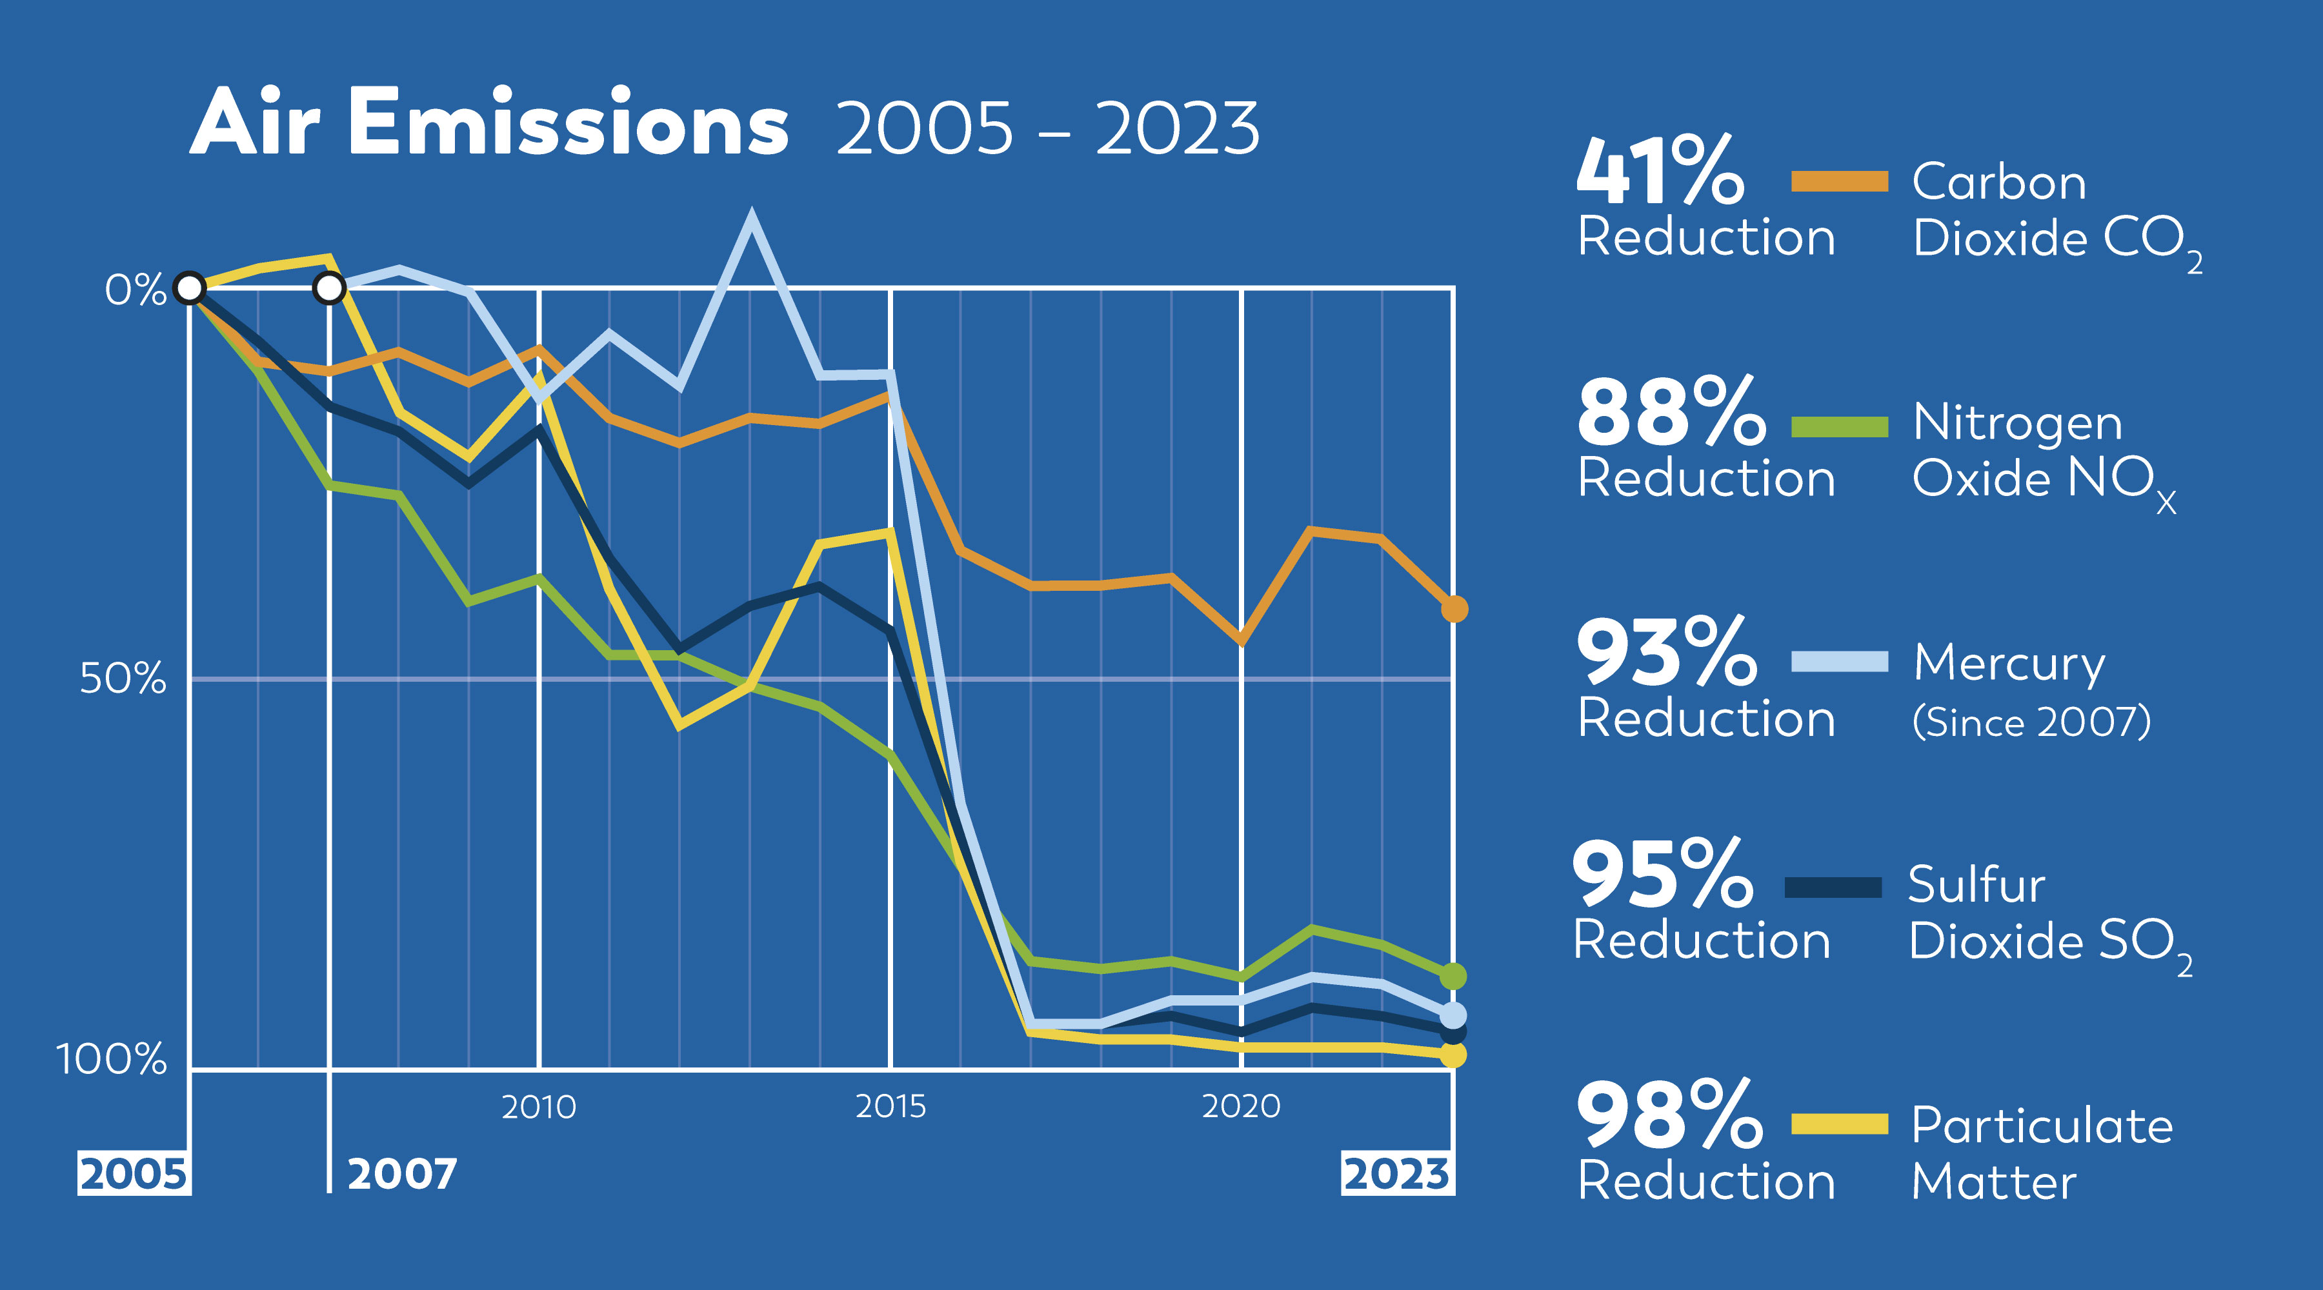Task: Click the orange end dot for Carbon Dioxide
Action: tap(1454, 610)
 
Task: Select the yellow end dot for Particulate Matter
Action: tap(1453, 1055)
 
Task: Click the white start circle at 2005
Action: tap(189, 288)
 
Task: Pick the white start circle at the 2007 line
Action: tap(329, 288)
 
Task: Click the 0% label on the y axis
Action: tap(136, 290)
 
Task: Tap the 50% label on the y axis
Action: tap(123, 678)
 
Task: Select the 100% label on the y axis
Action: tap(112, 1059)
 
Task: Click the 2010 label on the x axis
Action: tap(538, 1107)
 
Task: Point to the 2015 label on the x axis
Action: tap(890, 1107)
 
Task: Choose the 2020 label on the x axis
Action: tap(1241, 1107)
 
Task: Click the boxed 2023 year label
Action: tap(1397, 1174)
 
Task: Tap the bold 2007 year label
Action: tap(402, 1174)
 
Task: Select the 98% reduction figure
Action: tap(1669, 1115)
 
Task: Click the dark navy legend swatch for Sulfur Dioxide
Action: tap(1833, 888)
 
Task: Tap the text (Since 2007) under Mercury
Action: tap(2031, 721)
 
